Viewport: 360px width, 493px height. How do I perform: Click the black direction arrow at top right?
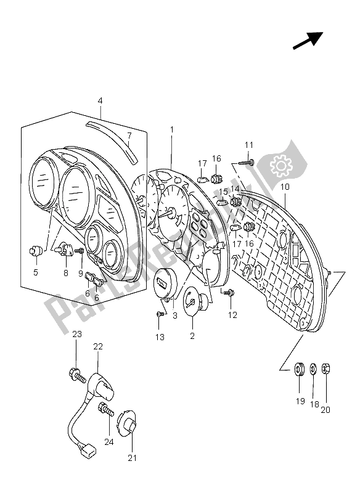pyautogui.click(x=308, y=41)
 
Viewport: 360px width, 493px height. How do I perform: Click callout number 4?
pyautogui.click(x=100, y=101)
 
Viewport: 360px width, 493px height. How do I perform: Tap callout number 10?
pyautogui.click(x=285, y=187)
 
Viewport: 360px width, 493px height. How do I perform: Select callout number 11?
pyautogui.click(x=249, y=145)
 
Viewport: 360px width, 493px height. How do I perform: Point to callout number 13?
pyautogui.click(x=160, y=337)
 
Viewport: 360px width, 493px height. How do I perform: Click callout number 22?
pyautogui.click(x=98, y=346)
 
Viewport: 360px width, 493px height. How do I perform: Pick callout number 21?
pyautogui.click(x=132, y=458)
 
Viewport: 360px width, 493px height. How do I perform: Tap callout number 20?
pyautogui.click(x=325, y=410)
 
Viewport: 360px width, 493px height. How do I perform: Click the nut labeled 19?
pyautogui.click(x=300, y=368)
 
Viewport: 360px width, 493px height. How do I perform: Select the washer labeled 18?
pyautogui.click(x=314, y=368)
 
